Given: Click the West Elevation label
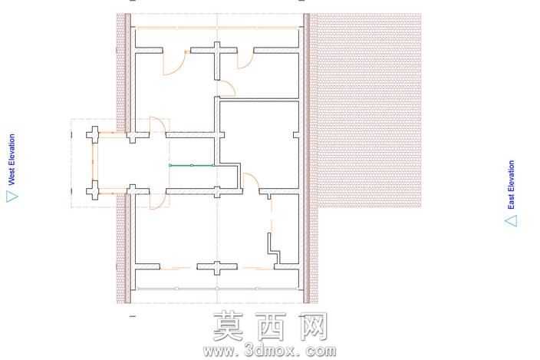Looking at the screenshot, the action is pos(12,159).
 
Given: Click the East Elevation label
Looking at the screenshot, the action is pos(511,184).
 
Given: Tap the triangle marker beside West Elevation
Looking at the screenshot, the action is pos(12,197).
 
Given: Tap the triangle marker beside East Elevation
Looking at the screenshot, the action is pos(511,221).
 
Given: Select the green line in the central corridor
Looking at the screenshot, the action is pos(192,165).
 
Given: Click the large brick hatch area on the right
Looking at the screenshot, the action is pos(368,111).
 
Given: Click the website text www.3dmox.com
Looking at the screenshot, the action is pos(270,351).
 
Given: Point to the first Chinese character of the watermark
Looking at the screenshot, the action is pos(229,326).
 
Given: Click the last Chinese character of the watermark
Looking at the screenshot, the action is pos(312,326).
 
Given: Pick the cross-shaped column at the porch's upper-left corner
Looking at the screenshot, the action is pos(93,134).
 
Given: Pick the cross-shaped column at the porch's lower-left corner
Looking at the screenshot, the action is pos(93,190).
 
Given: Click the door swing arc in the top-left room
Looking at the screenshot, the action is pos(176,68).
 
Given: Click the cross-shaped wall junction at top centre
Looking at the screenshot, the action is pos(216,51).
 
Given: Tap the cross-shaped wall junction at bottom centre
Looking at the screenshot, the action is pos(217,266).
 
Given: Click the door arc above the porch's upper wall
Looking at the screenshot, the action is pos(159,124).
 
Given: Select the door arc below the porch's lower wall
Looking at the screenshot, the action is pos(159,203).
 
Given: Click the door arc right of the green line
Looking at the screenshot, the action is pos(253,178).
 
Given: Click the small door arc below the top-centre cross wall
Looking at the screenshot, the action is pos(229,87).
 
